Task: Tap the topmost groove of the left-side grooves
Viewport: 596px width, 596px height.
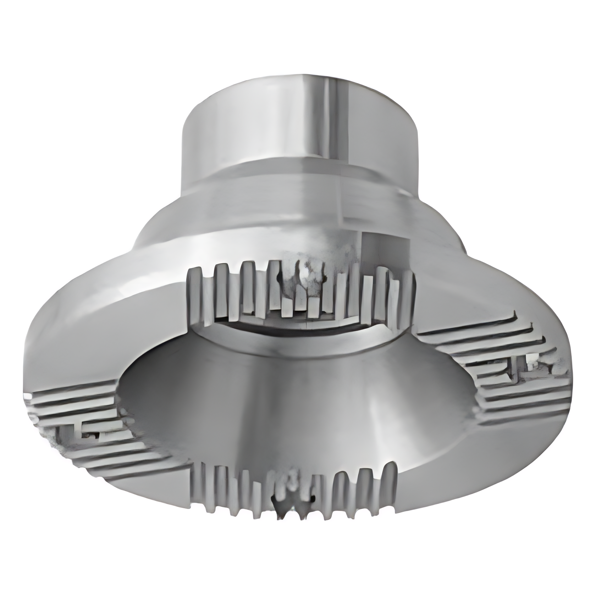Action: tap(71, 390)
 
